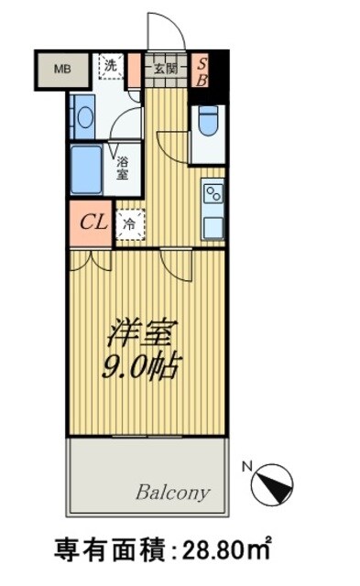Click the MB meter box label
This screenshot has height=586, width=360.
61,69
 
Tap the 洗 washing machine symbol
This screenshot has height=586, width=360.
110,65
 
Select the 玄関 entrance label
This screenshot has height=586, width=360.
166,68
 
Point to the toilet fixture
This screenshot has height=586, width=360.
207,121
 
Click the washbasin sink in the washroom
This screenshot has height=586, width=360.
83,116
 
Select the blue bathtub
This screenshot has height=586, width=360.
86,168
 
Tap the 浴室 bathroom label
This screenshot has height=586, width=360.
123,167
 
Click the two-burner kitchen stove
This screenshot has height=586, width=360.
213,194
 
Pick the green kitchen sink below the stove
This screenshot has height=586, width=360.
213,225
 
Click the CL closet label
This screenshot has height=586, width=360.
92,222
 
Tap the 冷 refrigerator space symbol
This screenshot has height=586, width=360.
129,222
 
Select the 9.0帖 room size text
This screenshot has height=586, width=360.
139,366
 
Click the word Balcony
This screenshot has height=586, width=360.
173,492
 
